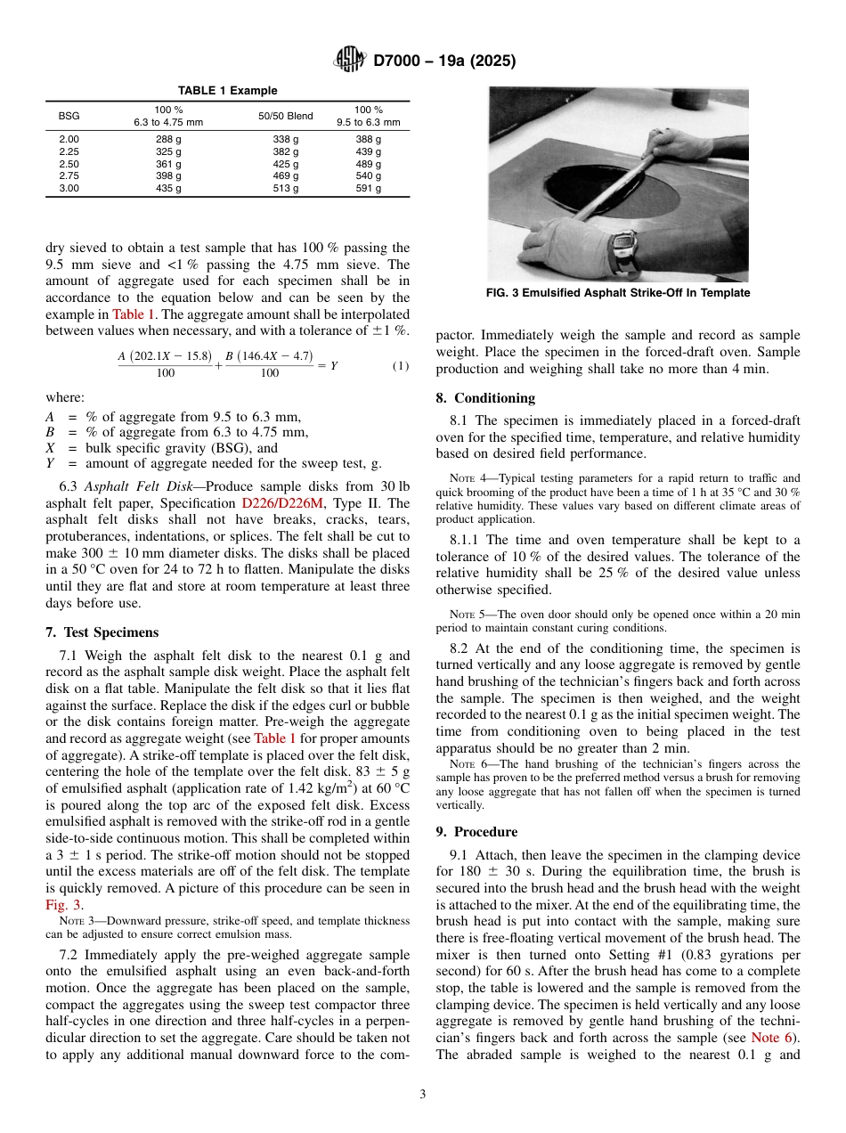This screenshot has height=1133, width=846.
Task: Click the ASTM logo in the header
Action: coord(348,61)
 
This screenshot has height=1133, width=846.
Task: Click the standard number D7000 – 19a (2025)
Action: coord(444,61)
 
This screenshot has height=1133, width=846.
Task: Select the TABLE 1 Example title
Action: coord(227,91)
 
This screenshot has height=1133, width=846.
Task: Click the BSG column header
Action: coord(69,116)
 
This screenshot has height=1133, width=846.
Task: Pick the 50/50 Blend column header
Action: coord(286,116)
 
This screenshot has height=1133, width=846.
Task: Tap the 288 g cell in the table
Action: coord(168,140)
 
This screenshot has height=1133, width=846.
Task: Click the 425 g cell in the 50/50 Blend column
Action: coord(286,165)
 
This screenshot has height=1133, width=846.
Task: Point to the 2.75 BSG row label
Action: coord(69,176)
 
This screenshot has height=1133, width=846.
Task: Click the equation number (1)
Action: coord(401,366)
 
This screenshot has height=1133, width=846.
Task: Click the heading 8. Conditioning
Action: coord(485,398)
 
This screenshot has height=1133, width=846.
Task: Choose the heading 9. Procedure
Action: coord(476,832)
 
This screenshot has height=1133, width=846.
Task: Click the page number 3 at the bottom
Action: coord(423,1094)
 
